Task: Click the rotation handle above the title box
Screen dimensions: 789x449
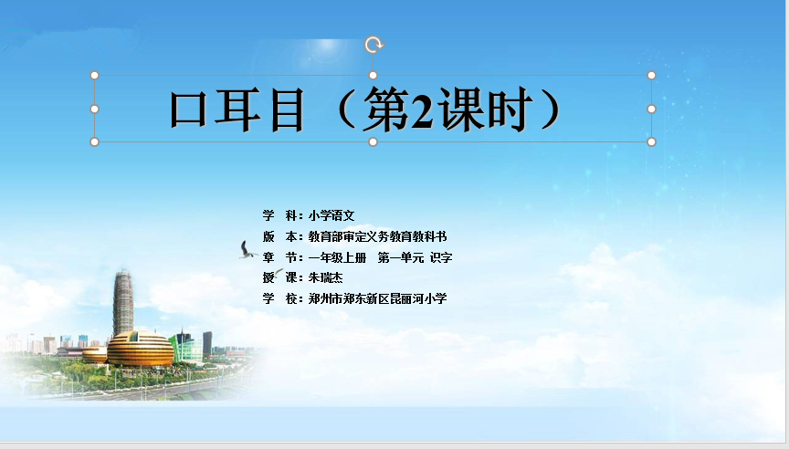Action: point(373,45)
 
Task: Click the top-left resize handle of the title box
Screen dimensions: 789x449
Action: point(94,76)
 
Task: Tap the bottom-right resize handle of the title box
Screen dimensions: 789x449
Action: point(651,141)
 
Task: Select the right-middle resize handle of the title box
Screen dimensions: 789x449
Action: point(651,109)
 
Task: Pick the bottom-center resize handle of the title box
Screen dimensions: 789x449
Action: point(373,141)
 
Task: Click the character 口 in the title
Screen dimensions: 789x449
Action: point(188,110)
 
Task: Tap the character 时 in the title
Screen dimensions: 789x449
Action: point(510,110)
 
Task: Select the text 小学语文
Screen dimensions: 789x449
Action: point(331,215)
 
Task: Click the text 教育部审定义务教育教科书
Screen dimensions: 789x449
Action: point(377,236)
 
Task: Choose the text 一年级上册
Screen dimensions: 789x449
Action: point(337,257)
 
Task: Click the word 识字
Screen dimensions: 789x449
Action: point(441,257)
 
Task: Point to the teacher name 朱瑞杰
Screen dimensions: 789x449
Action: point(326,277)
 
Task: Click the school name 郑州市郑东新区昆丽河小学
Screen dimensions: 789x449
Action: point(377,298)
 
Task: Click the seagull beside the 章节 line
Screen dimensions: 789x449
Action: point(247,250)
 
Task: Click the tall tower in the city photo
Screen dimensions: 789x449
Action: point(123,302)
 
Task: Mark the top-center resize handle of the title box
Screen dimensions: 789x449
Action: point(373,76)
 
